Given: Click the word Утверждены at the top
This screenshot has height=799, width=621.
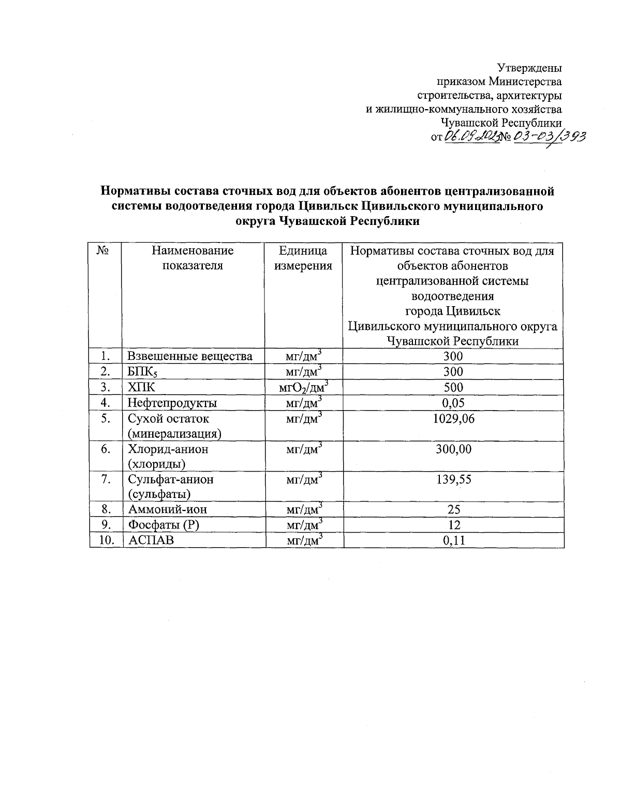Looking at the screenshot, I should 529,68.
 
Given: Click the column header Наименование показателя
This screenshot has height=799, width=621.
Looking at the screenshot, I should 193,259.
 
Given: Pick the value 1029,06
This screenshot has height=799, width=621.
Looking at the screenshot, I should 453,419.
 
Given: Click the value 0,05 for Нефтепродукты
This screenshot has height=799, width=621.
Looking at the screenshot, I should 453,403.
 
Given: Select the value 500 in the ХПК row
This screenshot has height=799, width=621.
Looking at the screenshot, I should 453,387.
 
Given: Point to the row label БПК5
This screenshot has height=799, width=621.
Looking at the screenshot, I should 140,372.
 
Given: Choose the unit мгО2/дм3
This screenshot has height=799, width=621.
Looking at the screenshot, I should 303,387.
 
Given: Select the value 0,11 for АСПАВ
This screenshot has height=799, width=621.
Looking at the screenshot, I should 453,541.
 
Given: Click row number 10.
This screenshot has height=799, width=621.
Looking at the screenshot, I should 106,541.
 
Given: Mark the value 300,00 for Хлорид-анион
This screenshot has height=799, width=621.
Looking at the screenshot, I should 453,449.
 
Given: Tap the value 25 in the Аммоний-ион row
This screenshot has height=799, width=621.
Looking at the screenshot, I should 453,510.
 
